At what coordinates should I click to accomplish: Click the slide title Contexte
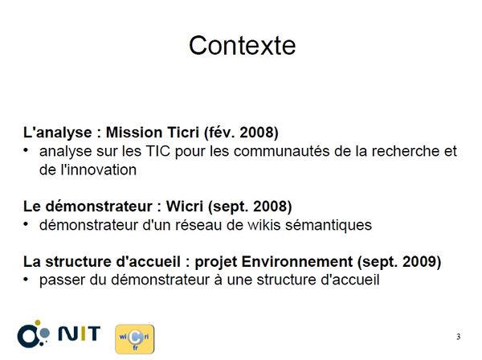pos(243,46)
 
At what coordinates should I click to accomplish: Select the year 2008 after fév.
pos(257,133)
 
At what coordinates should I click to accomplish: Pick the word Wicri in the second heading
pos(185,207)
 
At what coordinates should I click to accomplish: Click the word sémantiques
pos(329,226)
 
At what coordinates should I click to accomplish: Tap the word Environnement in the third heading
pos(297,262)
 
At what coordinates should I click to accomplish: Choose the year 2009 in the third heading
pos(419,262)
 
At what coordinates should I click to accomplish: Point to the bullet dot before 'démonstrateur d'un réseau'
pos(27,225)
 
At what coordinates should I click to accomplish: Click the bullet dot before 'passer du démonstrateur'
pos(27,280)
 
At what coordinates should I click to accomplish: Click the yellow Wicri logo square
pos(135,339)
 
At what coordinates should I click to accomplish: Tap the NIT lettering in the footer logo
pos(80,333)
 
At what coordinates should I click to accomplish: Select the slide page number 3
pos(459,337)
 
